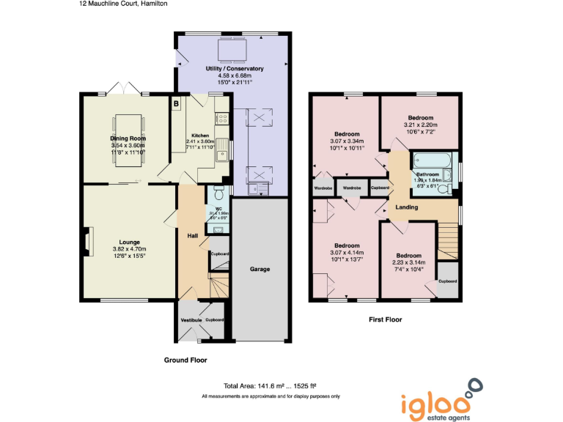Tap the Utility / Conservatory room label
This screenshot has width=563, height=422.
pos(235,68)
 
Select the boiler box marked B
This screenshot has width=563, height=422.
pos(176,104)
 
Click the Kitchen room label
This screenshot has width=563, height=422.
pos(200,136)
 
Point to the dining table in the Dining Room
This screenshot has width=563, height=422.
pos(128,138)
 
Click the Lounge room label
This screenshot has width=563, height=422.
pos(130,242)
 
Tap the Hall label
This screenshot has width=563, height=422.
pos(192,235)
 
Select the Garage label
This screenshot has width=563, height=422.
pos(260,269)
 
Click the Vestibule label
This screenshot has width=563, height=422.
pos(191,320)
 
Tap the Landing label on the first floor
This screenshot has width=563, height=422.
pos(407,207)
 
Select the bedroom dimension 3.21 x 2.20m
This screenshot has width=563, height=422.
pos(419,125)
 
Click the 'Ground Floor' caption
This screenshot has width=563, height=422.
pos(185,360)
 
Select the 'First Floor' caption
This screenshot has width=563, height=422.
pos(385,319)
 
